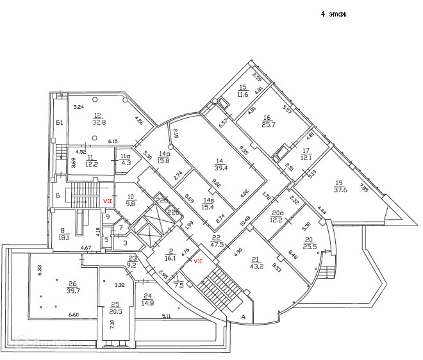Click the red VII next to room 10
[x=108, y=200]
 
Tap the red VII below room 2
[x=198, y=261]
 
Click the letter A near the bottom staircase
[x=243, y=316]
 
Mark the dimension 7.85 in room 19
[x=365, y=190]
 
